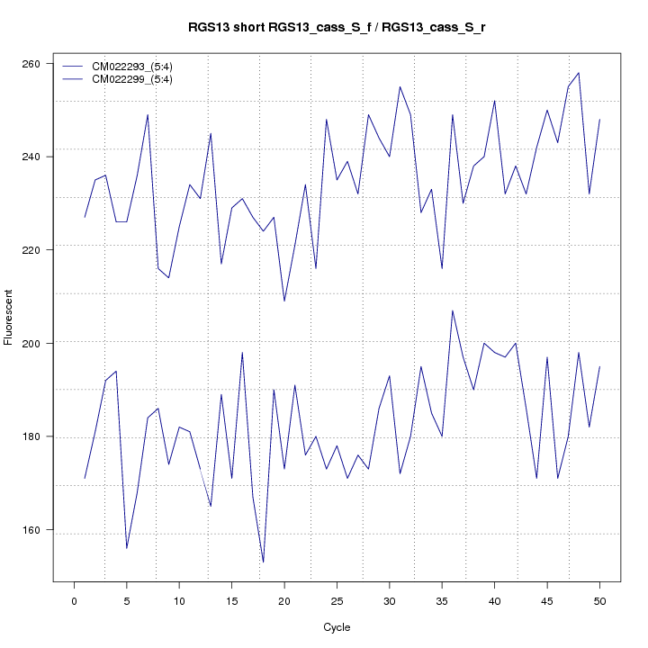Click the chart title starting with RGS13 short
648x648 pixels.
pos(337,28)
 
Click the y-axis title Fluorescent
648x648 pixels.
pos(9,317)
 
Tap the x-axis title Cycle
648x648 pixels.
pos(337,627)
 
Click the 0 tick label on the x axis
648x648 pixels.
pos(75,600)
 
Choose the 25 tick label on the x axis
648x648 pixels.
pos(337,600)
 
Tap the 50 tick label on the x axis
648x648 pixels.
pos(599,600)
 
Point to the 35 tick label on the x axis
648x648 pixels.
pos(442,600)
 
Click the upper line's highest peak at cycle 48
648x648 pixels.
pos(579,73)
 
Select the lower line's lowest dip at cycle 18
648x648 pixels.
pos(264,562)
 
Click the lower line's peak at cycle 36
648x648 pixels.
pos(453,310)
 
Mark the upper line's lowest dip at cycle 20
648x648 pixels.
pos(284,301)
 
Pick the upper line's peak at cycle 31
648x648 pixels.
pos(400,87)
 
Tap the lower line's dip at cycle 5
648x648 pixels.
pos(127,548)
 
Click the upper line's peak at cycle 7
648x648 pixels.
pos(148,115)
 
